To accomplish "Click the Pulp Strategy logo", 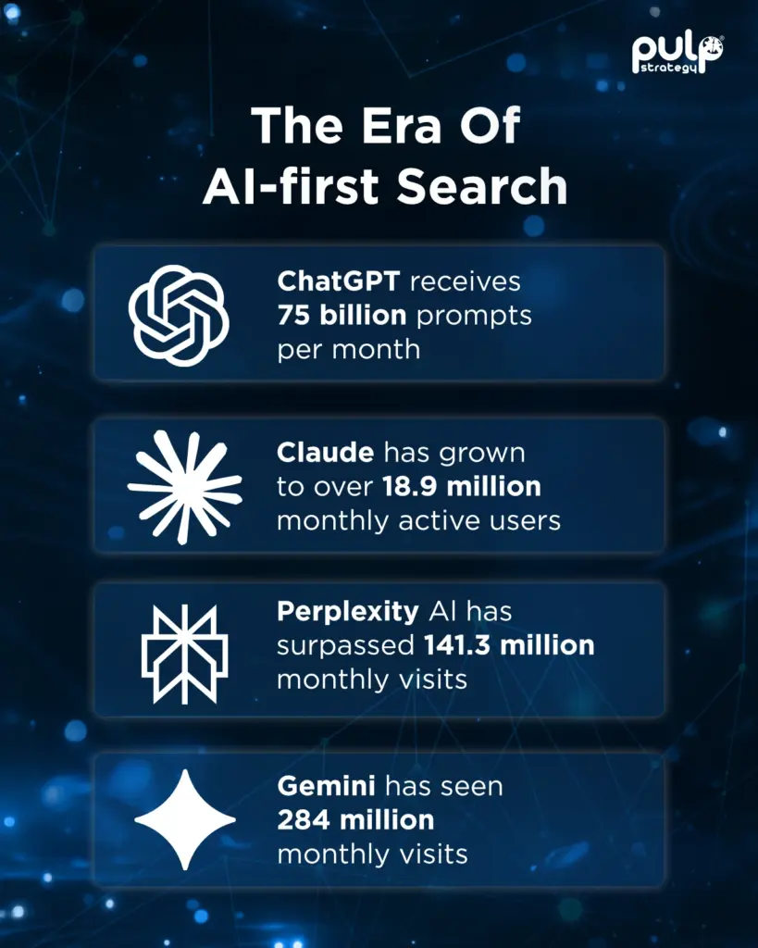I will tap(678, 54).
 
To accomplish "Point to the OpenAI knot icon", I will tap(178, 315).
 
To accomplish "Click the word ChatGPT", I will tap(339, 281).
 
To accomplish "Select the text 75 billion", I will tap(342, 316).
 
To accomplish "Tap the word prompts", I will tap(474, 316).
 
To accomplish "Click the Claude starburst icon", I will tap(184, 486).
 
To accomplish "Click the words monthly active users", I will tap(418, 520).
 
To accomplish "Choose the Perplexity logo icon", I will tap(184, 654).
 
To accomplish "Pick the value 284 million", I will tap(355, 819).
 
